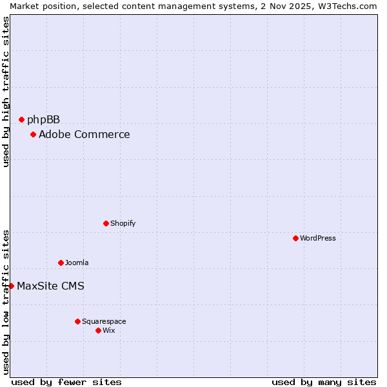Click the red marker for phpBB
[21, 119]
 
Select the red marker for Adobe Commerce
[33, 134]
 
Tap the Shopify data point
[106, 223]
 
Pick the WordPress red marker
[295, 238]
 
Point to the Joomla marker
[61, 263]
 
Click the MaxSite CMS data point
[11, 286]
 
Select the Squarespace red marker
[77, 321]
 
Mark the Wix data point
[98, 330]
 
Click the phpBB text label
[43, 119]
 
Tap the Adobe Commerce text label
[84, 134]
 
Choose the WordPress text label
[317, 238]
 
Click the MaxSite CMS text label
[50, 286]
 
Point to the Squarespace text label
[104, 321]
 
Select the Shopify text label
[123, 223]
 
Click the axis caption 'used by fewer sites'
[66, 382]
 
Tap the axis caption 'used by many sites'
[324, 382]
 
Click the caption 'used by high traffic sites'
[6, 92]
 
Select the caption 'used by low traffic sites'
[6, 301]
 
